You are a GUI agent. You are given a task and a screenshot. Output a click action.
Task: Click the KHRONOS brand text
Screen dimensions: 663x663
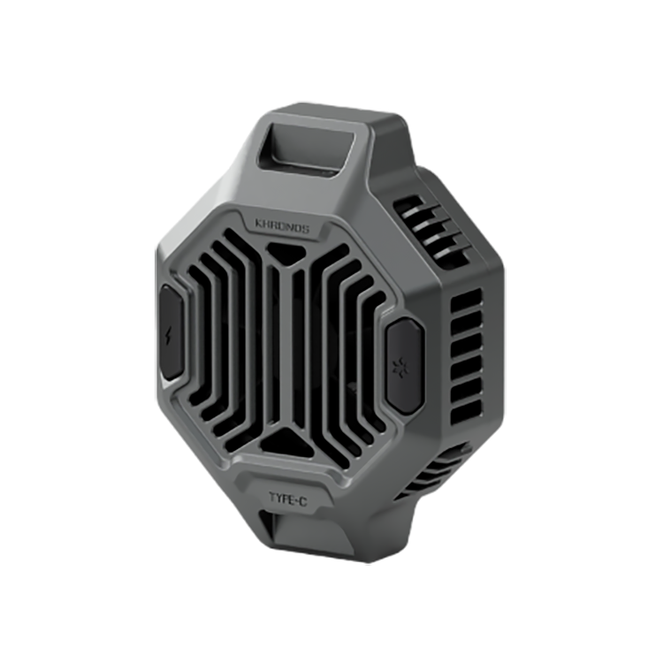(283, 225)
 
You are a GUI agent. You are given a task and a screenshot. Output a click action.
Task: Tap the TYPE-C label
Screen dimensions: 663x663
(288, 499)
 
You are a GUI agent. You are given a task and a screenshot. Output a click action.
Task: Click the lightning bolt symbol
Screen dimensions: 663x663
(168, 336)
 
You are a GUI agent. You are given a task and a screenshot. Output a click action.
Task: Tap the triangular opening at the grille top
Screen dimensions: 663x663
(286, 254)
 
